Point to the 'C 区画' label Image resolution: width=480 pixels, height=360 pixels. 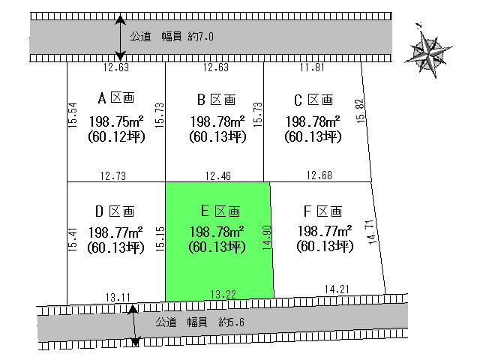click(313, 98)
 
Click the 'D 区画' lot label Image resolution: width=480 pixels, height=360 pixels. click(115, 211)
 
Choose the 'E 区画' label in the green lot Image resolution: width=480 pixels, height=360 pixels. click(217, 211)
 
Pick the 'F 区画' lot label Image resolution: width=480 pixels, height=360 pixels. click(323, 211)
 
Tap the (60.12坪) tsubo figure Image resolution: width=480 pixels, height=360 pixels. click(115, 136)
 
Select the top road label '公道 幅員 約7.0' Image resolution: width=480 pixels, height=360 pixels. click(178, 36)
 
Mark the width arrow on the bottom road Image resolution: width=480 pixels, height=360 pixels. click(134, 325)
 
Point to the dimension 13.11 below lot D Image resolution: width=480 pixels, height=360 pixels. click(115, 295)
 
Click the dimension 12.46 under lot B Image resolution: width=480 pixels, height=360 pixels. click(217, 176)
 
